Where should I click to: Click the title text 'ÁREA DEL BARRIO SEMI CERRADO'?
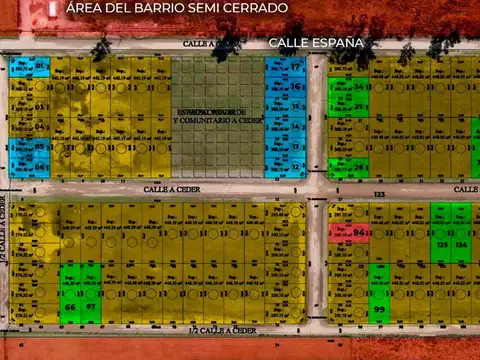click(176, 8)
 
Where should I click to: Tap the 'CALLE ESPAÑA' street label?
click(315, 43)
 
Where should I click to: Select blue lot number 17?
click(296, 67)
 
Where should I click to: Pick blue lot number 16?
click(296, 87)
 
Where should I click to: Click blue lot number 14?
click(296, 127)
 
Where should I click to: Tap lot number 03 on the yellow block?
click(40, 106)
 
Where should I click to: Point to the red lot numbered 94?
click(359, 232)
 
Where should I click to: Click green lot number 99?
click(379, 310)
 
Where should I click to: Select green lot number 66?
click(70, 307)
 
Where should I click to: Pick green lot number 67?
click(91, 307)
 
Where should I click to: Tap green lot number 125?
click(441, 244)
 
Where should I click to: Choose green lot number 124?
click(461, 244)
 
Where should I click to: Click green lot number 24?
click(359, 87)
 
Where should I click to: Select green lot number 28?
click(359, 166)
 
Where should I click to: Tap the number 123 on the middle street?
click(379, 192)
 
